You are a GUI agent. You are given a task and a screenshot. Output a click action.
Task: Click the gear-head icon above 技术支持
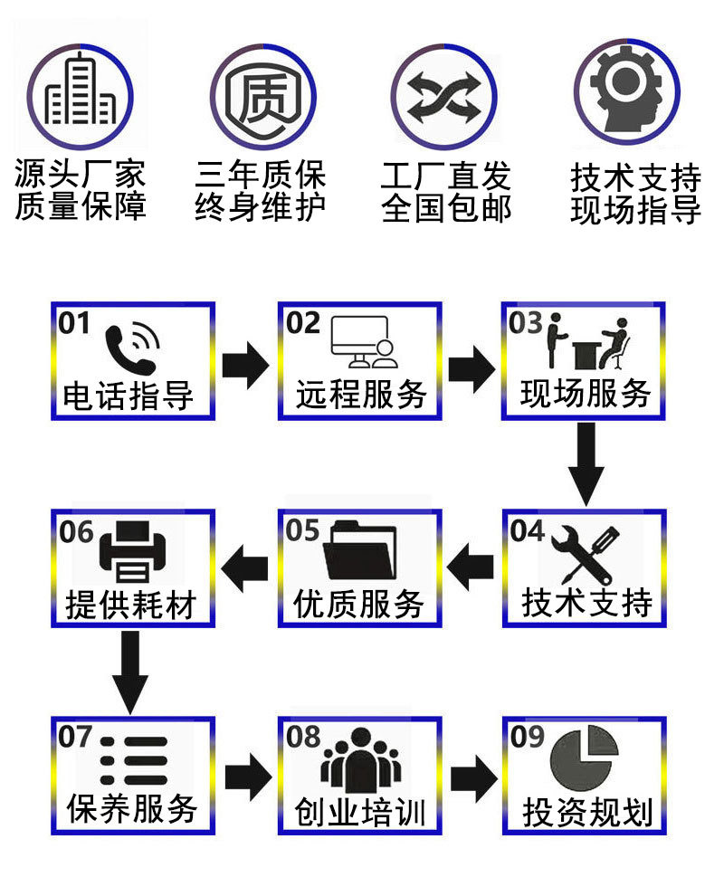tap(626, 91)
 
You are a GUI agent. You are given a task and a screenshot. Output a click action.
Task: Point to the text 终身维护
tap(261, 207)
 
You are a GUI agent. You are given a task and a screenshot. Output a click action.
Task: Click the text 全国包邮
tap(446, 207)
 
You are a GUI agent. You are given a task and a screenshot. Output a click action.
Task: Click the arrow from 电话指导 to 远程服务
tap(244, 365)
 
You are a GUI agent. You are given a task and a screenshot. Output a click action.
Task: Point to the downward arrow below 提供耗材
tap(131, 671)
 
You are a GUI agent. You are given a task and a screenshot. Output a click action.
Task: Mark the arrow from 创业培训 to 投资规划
tap(473, 776)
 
